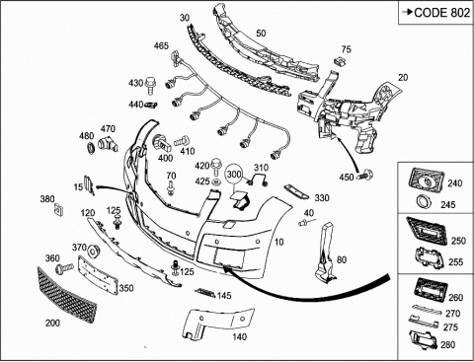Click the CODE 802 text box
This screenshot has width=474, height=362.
coord(435,13)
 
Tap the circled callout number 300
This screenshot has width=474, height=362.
coord(234,174)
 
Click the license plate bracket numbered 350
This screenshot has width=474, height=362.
coord(98,275)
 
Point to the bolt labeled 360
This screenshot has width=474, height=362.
coord(65,268)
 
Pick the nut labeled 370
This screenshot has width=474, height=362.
coord(94,251)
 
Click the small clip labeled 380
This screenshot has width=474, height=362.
coord(59,210)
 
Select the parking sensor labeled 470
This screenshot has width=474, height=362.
coord(108,144)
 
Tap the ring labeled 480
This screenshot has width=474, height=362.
coord(90,148)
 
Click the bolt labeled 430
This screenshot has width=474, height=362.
coord(150,85)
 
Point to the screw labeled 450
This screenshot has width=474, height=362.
coord(365,174)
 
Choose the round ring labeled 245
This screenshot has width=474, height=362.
coord(424,201)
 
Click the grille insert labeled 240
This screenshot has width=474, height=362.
coord(427,181)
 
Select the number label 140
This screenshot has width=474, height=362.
coord(239,336)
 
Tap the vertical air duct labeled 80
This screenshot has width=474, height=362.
coord(325,253)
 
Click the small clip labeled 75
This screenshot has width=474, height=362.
coord(340,61)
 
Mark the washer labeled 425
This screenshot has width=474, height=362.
coord(215,181)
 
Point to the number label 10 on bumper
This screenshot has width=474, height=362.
coord(278,242)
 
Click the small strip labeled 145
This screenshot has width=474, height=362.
coord(205,292)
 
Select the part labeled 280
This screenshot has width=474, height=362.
coord(424,340)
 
